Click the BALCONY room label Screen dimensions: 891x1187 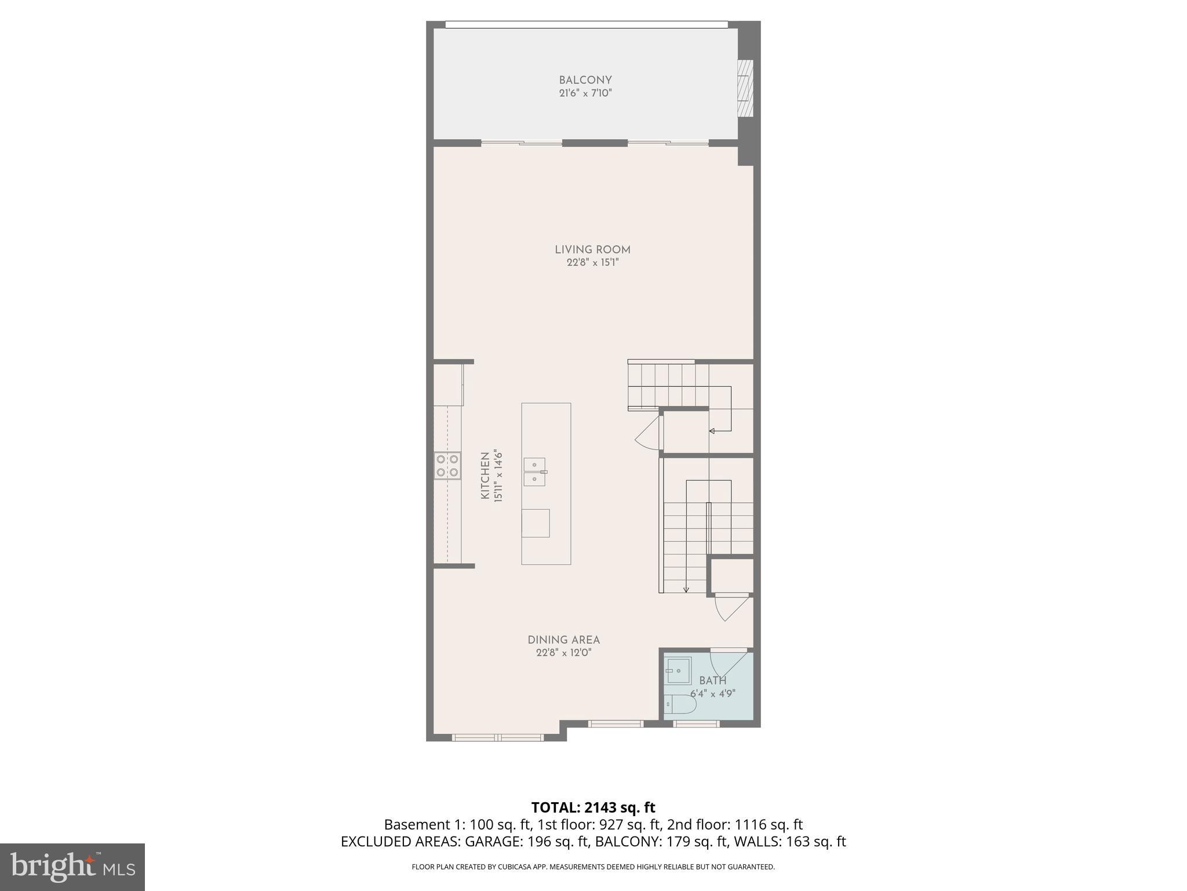(585, 80)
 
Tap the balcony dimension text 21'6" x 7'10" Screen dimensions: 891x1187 (585, 93)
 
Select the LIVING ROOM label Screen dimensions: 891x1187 (592, 249)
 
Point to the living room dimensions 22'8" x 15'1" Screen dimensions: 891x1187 (592, 263)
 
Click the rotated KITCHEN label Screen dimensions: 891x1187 (485, 476)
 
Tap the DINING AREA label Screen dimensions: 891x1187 (563, 640)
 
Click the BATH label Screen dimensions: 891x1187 (712, 680)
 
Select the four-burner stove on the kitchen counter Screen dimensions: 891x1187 (447, 466)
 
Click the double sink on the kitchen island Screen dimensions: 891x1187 (534, 472)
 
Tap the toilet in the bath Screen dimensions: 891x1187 (679, 704)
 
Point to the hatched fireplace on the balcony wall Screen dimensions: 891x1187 (745, 89)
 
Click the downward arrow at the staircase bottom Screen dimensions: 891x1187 (686, 589)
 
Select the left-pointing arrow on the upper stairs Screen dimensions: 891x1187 (712, 430)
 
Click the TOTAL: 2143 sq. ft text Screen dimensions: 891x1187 (593, 807)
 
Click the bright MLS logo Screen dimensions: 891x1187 (72, 867)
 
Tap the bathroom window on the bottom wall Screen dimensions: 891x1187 (696, 723)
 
